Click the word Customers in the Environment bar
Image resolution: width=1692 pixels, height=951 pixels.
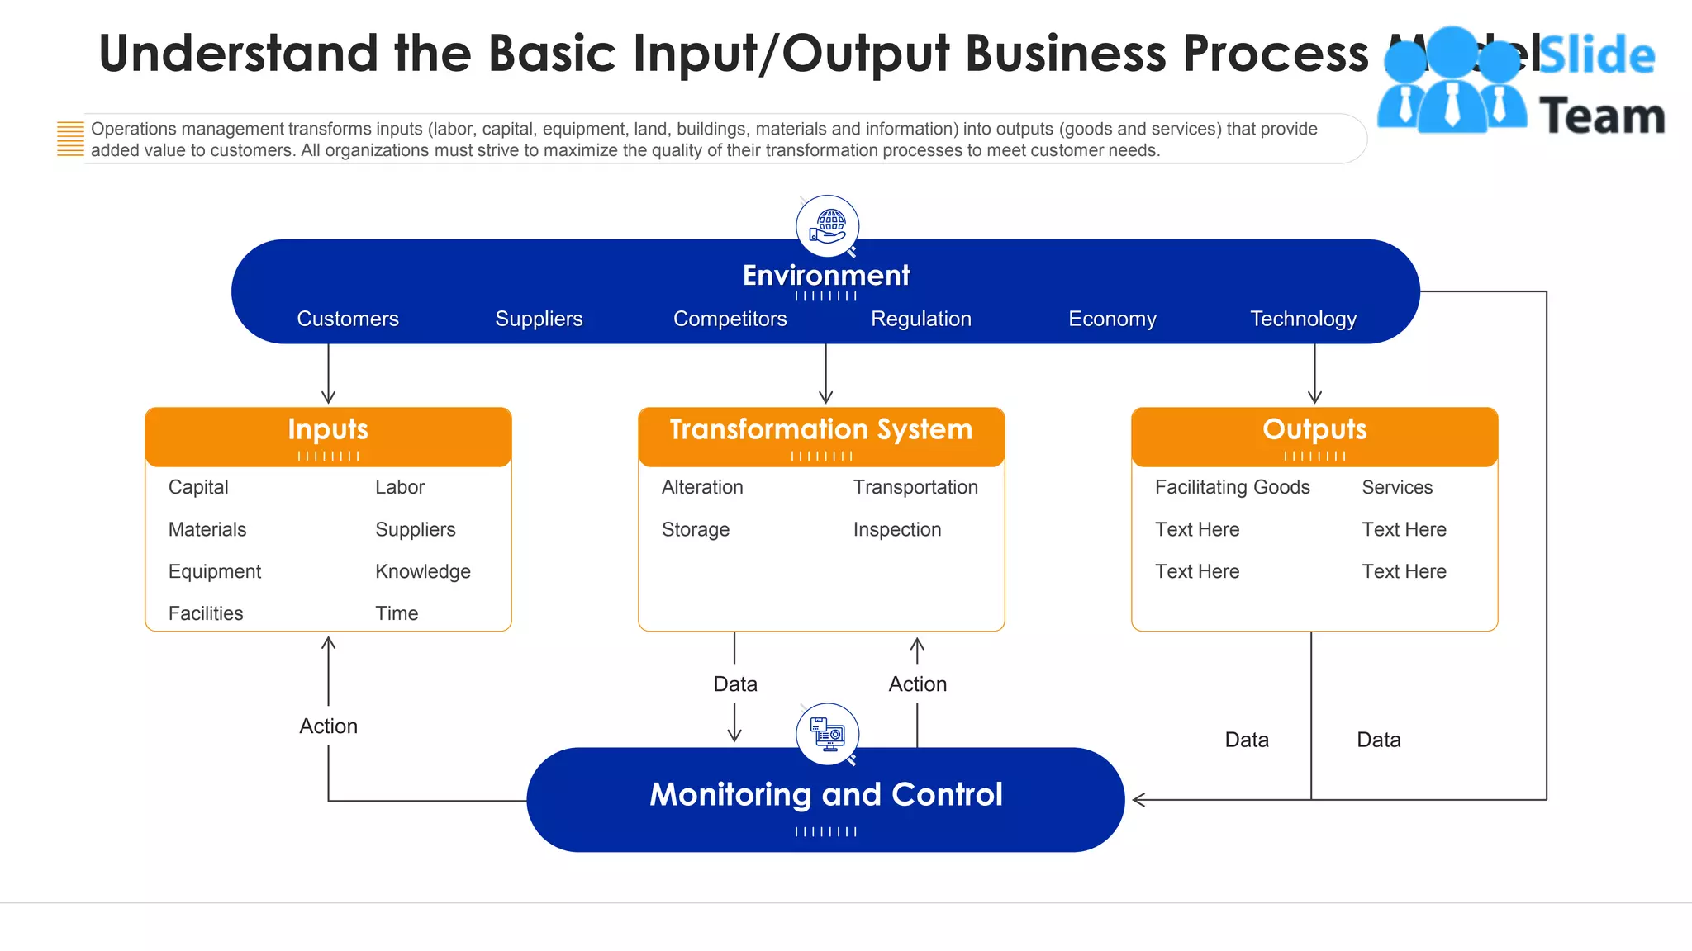pyautogui.click(x=347, y=319)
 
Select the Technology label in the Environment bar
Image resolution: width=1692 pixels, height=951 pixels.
pyautogui.click(x=1303, y=319)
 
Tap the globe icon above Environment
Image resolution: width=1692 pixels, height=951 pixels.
pyautogui.click(x=827, y=226)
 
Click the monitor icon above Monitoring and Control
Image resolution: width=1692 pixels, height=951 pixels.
pyautogui.click(x=827, y=734)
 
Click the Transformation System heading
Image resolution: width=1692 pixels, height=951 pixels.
pyautogui.click(x=820, y=430)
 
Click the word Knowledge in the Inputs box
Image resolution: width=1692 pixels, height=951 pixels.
pyautogui.click(x=422, y=571)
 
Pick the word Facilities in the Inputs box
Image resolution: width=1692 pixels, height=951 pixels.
pyautogui.click(x=206, y=613)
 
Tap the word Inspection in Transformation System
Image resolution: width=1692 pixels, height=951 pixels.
pyautogui.click(x=896, y=529)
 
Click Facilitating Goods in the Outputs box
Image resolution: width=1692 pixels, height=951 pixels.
pyautogui.click(x=1232, y=487)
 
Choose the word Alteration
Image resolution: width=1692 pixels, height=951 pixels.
pyautogui.click(x=702, y=487)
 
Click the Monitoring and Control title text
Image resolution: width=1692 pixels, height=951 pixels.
pyautogui.click(x=825, y=794)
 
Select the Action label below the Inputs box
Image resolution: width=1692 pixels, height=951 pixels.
pyautogui.click(x=328, y=726)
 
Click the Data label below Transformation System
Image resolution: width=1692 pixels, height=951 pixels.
pyautogui.click(x=734, y=684)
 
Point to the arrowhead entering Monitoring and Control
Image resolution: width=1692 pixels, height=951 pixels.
pyautogui.click(x=1138, y=799)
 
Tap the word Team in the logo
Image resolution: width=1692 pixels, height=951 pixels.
pyautogui.click(x=1602, y=116)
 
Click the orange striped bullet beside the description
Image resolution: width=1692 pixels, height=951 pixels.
pyautogui.click(x=70, y=139)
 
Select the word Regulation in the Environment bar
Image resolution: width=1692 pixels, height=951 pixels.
pyautogui.click(x=920, y=319)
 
